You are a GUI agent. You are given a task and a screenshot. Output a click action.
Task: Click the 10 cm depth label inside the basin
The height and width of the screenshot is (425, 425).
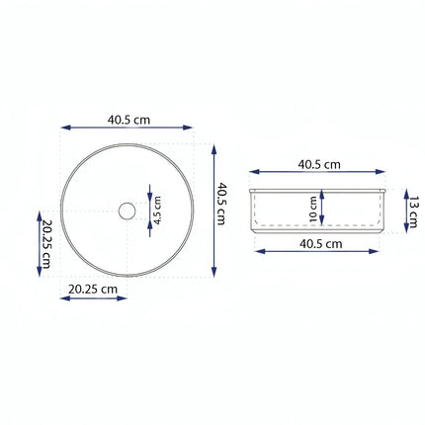[312, 210]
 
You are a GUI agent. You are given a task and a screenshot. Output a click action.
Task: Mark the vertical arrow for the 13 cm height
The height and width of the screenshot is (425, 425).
[403, 211]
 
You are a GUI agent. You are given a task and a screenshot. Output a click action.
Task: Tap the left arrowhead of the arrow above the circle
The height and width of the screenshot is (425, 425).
[65, 128]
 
